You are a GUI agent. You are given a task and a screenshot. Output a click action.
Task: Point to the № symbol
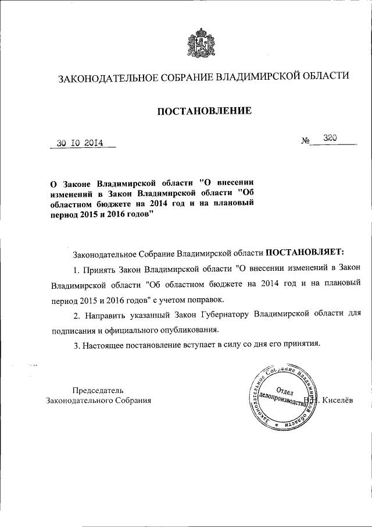pos(306,141)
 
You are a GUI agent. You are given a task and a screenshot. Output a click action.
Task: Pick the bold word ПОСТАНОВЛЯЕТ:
pos(305,253)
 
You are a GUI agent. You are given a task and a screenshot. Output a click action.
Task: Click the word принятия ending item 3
pos(299,345)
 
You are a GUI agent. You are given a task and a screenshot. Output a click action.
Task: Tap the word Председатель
pos(98,390)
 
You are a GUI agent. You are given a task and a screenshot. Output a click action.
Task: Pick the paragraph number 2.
pos(76,314)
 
